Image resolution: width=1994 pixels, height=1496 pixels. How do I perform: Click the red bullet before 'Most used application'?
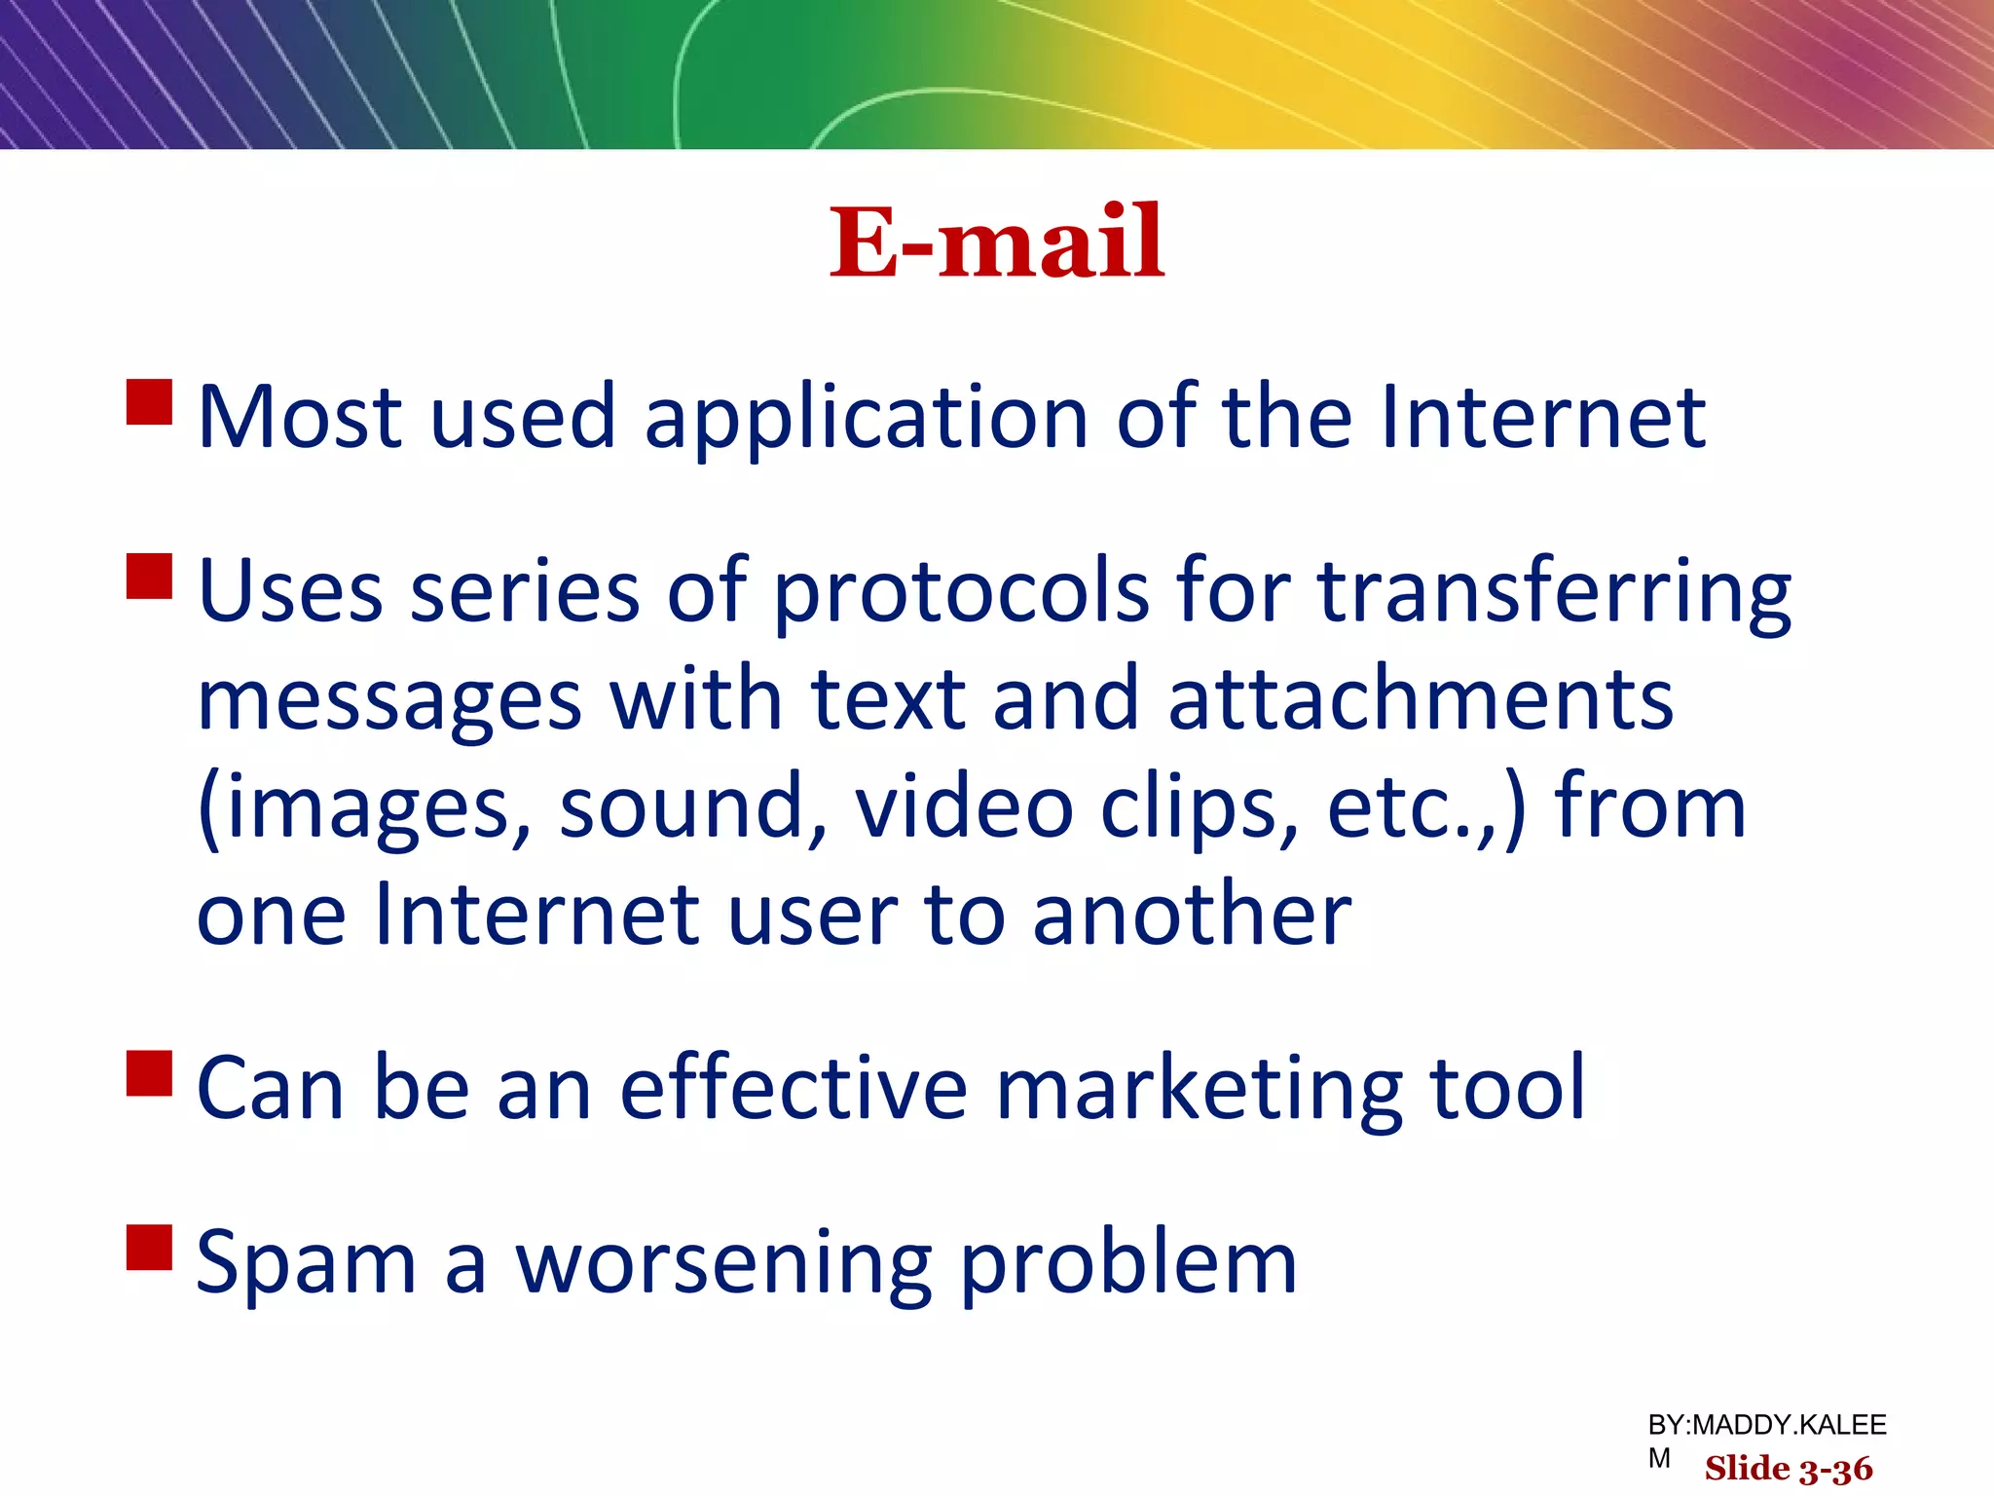150,402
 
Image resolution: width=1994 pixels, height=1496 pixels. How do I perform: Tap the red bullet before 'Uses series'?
150,576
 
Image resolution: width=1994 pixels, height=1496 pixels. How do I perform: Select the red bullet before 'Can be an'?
150,1072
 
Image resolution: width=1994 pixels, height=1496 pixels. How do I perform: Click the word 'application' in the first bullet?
866,419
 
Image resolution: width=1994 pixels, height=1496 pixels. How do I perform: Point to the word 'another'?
1192,916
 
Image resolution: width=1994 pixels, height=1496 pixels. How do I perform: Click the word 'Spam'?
306,1264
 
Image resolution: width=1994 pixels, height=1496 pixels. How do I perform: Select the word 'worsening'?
724,1264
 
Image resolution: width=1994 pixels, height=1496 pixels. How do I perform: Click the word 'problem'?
1128,1264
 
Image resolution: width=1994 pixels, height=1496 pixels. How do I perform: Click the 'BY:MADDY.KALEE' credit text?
1766,1425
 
